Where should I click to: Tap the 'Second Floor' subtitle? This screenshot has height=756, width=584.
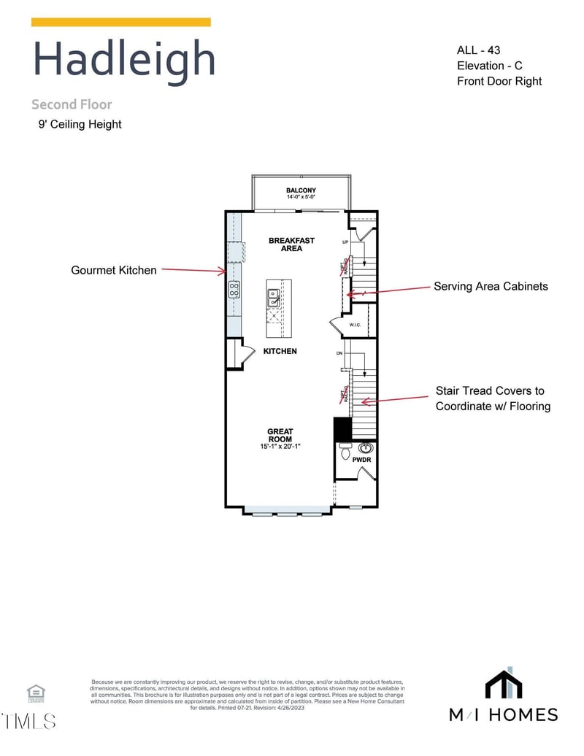pyautogui.click(x=72, y=104)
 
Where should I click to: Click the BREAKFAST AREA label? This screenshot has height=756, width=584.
pyautogui.click(x=291, y=244)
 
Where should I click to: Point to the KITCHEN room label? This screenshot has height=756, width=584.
pyautogui.click(x=280, y=351)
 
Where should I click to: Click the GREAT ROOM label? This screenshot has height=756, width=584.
pyautogui.click(x=280, y=436)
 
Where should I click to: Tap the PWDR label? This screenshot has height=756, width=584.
pyautogui.click(x=362, y=460)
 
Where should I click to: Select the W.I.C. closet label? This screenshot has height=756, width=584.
pyautogui.click(x=356, y=325)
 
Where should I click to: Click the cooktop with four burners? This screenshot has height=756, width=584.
pyautogui.click(x=234, y=290)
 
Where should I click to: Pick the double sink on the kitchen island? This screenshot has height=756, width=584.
pyautogui.click(x=273, y=297)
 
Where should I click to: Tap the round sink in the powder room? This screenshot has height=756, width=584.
pyautogui.click(x=366, y=447)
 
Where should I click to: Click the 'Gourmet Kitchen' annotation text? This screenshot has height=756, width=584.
pyautogui.click(x=114, y=270)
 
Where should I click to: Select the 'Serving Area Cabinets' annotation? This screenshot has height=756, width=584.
pyautogui.click(x=491, y=286)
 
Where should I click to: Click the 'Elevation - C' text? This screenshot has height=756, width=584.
pyautogui.click(x=489, y=66)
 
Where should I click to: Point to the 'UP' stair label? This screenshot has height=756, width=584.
pyautogui.click(x=345, y=242)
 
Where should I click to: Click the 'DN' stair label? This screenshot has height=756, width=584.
pyautogui.click(x=339, y=353)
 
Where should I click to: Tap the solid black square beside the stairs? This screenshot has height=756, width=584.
pyautogui.click(x=342, y=428)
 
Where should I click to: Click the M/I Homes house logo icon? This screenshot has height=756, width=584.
pyautogui.click(x=504, y=684)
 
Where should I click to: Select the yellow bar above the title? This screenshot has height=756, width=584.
pyautogui.click(x=121, y=23)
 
